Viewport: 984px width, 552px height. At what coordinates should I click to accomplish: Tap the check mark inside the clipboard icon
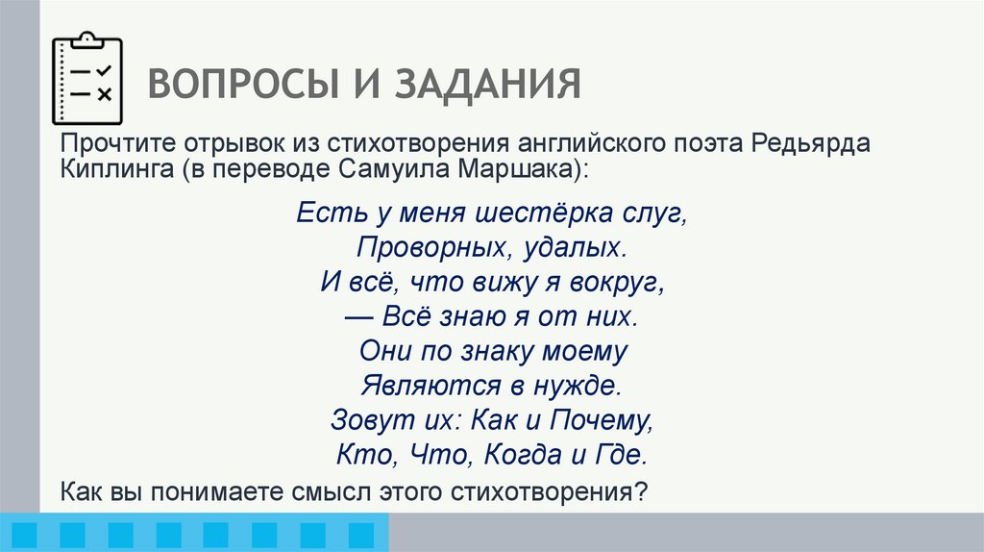(x=105, y=71)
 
